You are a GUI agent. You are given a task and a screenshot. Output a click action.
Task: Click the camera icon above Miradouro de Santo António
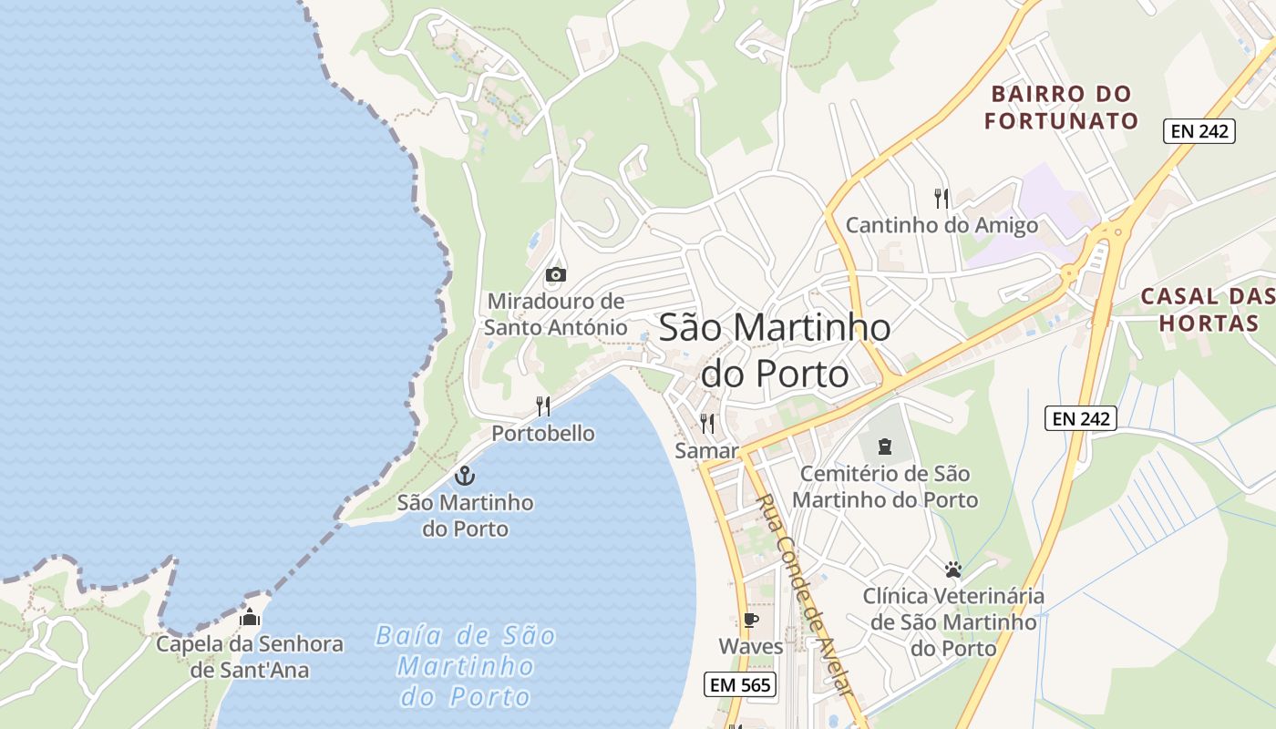[x=555, y=274]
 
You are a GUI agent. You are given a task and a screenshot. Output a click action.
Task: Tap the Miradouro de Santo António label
[x=555, y=313]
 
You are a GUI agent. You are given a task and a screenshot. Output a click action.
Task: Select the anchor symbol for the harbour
[x=465, y=476]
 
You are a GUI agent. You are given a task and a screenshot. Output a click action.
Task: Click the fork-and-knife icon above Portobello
[x=543, y=406]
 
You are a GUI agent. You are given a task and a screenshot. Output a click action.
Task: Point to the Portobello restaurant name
[x=543, y=434]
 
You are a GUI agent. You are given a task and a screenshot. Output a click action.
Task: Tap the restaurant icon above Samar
[x=706, y=424]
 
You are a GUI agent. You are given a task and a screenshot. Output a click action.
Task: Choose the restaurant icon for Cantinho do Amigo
[x=942, y=198]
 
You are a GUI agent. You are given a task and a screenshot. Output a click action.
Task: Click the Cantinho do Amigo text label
[x=942, y=225]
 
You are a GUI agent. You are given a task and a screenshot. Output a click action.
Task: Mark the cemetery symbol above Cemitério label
[x=884, y=447]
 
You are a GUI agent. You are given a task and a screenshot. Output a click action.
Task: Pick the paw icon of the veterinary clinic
[x=953, y=570]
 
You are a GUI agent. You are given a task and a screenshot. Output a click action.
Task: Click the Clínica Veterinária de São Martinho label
[x=953, y=622]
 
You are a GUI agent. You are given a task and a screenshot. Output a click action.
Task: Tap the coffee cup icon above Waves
[x=750, y=621]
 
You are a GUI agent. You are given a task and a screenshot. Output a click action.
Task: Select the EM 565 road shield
[x=739, y=684]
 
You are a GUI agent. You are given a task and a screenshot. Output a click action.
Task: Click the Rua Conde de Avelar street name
[x=806, y=596]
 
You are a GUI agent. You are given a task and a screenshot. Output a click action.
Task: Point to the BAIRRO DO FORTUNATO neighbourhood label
[x=1062, y=107]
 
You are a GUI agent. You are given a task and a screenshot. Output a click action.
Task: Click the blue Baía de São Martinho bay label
[x=466, y=666]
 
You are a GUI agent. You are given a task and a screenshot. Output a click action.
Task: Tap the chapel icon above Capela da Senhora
[x=249, y=617]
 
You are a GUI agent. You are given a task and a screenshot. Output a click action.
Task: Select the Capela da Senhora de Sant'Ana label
[x=250, y=657]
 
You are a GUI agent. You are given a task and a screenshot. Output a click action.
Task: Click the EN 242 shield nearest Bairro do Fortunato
[x=1199, y=131]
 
